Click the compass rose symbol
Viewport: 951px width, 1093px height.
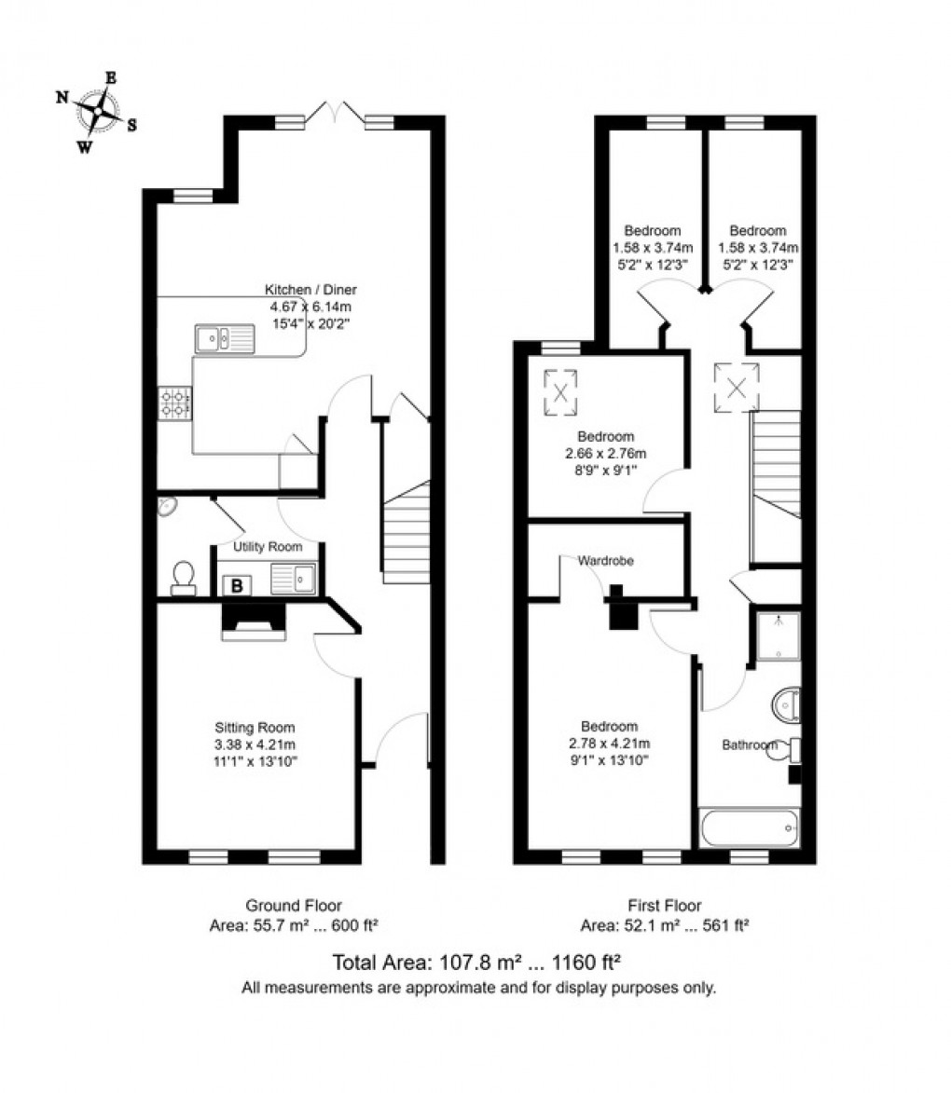[x=97, y=113]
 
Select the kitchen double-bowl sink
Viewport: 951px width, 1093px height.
[x=224, y=339]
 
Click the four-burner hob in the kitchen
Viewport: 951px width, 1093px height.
[x=174, y=403]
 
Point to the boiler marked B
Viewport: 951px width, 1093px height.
[x=238, y=585]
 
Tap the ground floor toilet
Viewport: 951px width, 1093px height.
[x=184, y=577]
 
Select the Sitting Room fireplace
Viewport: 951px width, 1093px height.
[x=252, y=622]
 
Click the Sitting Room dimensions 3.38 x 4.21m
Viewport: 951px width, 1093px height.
[x=255, y=745]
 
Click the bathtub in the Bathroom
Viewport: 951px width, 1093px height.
[x=750, y=827]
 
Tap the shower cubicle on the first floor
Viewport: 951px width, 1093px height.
[x=777, y=635]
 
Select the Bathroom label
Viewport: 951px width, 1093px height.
[x=750, y=745]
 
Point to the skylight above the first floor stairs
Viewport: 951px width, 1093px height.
[x=737, y=387]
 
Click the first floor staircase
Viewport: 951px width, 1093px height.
[x=776, y=466]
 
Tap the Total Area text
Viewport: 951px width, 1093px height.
[x=477, y=963]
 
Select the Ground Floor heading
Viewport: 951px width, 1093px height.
[x=293, y=905]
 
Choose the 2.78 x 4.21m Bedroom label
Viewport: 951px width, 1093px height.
[x=609, y=727]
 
